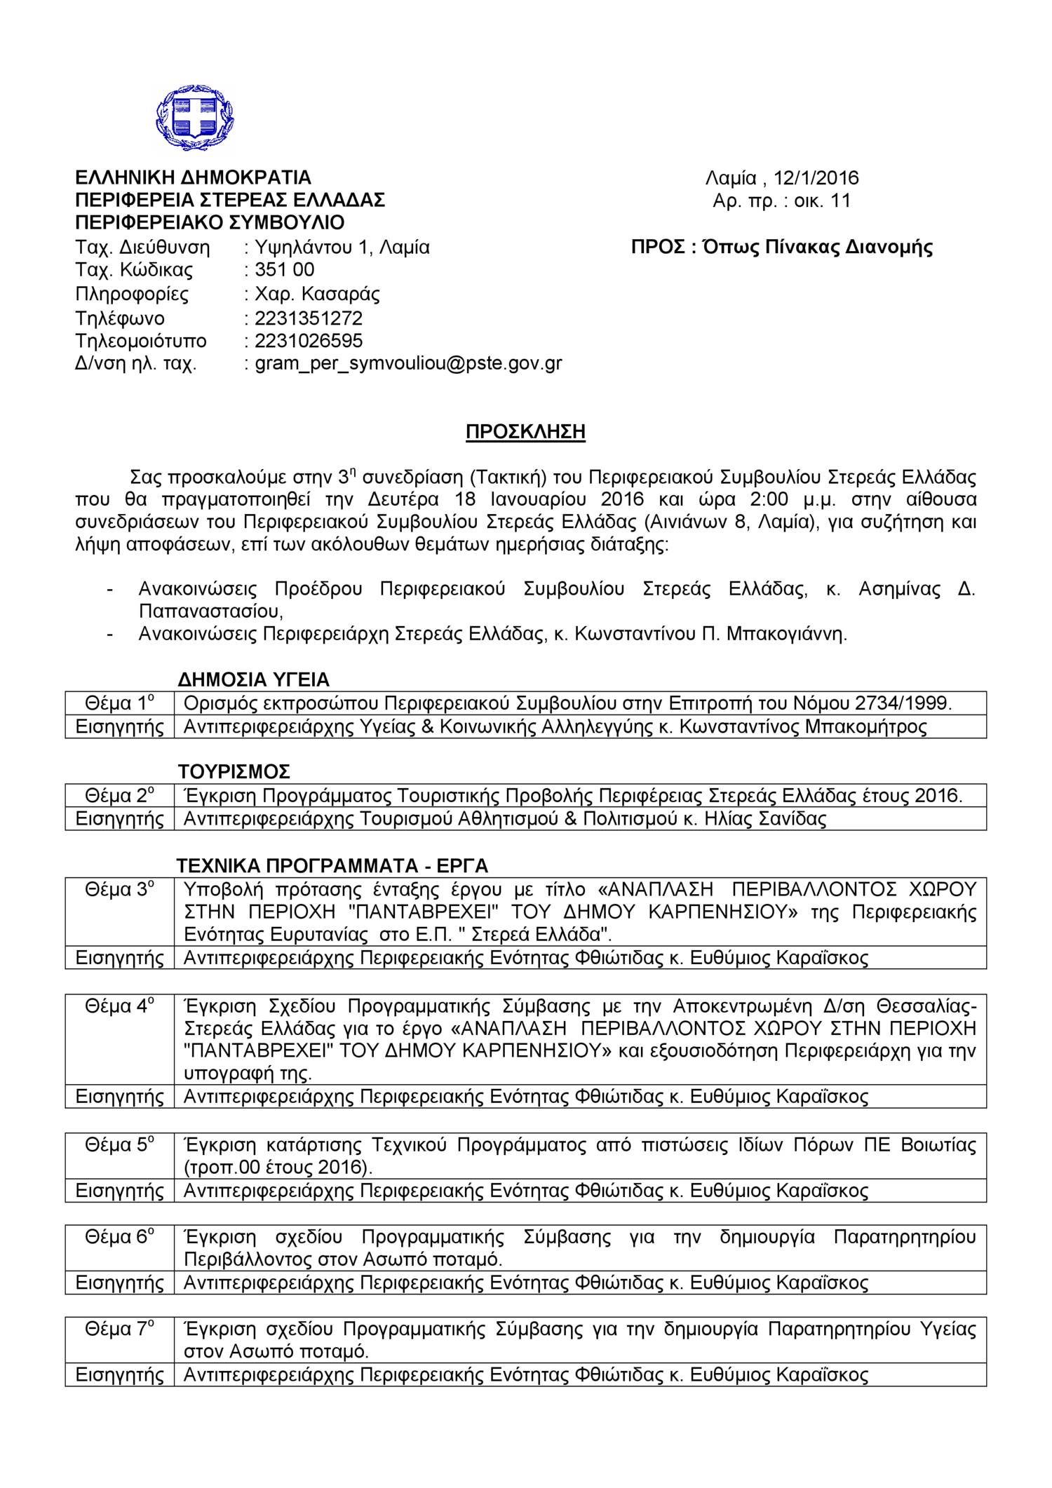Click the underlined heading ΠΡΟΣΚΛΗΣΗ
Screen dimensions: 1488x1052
point(525,432)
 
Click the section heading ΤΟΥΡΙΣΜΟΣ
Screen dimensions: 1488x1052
point(234,772)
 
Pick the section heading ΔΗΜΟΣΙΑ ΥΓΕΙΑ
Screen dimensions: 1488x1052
point(253,679)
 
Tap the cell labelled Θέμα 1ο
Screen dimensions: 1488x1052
point(119,703)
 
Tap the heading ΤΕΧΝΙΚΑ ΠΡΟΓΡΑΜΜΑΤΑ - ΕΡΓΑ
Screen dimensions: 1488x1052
point(332,865)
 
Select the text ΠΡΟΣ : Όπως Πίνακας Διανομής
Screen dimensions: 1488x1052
point(781,248)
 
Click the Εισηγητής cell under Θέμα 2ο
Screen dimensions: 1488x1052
point(119,819)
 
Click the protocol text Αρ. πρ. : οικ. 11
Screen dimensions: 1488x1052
point(781,201)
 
